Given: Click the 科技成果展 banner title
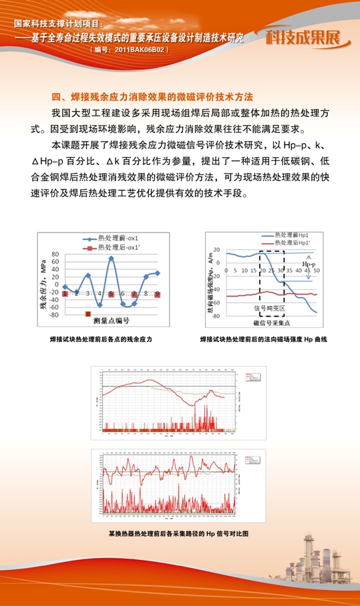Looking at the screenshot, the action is point(308,37).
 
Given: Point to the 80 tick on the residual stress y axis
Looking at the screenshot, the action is point(55,255).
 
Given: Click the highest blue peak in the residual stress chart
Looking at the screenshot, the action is point(111,258).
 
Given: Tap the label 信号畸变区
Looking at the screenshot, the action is point(269,309).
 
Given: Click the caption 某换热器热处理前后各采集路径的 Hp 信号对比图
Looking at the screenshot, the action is point(178,533).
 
